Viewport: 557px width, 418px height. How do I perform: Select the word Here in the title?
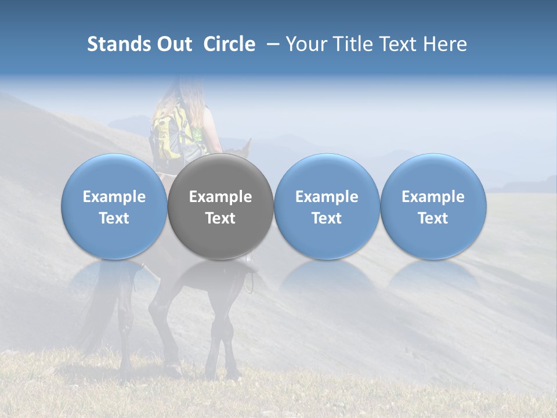(x=444, y=44)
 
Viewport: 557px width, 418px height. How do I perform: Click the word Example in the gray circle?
(x=220, y=197)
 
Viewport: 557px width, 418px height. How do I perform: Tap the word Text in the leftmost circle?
(x=114, y=218)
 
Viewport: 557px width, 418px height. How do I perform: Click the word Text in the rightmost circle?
(x=433, y=218)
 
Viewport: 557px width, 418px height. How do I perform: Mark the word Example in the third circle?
(x=327, y=197)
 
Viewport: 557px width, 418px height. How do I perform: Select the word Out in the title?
(x=175, y=44)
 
